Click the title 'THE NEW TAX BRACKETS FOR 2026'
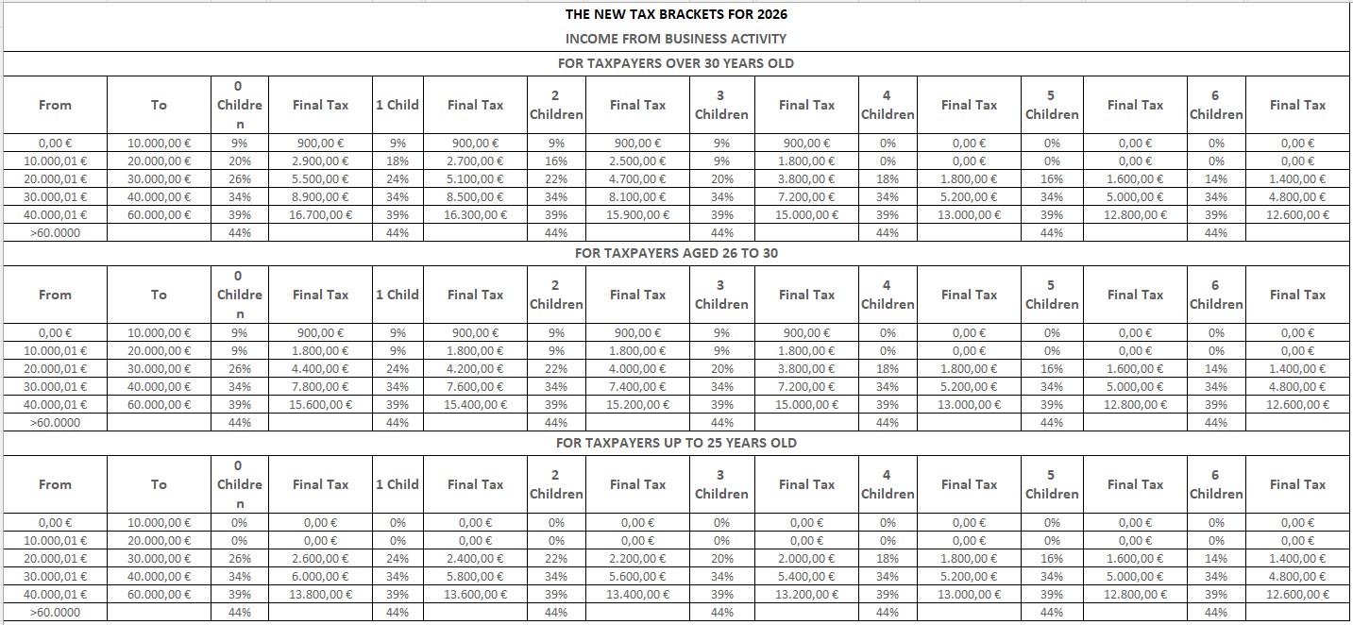675,14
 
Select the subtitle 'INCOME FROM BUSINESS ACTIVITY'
675,39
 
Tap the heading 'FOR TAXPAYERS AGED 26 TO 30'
676,253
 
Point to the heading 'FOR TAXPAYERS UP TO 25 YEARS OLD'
676,443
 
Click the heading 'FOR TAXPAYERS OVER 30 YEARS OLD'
676,63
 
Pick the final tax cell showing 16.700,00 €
320,214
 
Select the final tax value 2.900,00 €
320,161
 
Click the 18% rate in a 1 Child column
397,161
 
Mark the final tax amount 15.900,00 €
637,214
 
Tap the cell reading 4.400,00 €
320,369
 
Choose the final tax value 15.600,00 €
320,404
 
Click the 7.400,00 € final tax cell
637,386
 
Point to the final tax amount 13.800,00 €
320,594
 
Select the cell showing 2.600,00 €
320,559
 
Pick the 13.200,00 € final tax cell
806,594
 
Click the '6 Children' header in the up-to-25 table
1215,484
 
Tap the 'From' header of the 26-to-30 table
55,295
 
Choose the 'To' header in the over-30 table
159,105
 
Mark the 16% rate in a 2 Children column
556,161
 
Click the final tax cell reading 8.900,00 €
320,196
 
